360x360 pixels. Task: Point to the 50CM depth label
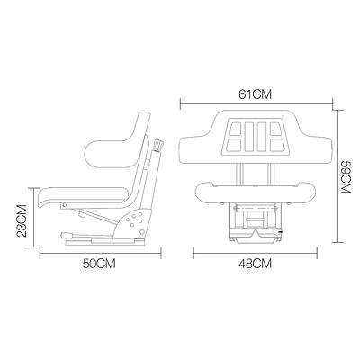pos(98,265)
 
